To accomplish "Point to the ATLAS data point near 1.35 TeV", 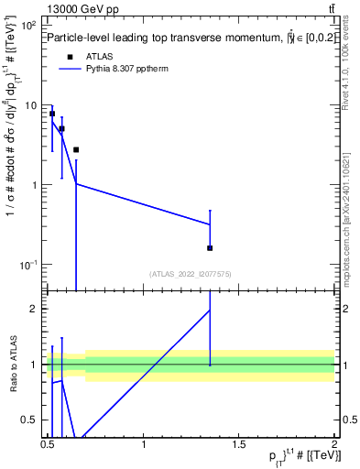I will tap(211, 248).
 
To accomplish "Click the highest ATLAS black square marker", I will tap(52, 114).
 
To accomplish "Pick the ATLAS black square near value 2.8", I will tap(76, 149).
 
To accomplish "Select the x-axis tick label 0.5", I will tap(48, 446).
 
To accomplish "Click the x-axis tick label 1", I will tap(144, 446).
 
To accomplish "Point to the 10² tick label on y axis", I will tap(28, 26).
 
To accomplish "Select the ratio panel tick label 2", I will tap(37, 309).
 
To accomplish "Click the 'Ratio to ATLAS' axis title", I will tap(13, 364).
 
